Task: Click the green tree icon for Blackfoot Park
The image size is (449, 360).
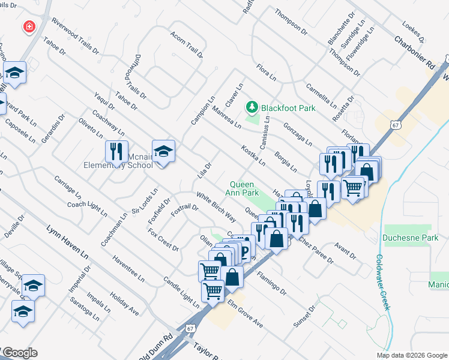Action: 253,107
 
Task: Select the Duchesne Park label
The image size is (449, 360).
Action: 407,237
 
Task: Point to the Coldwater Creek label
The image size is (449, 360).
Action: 382,282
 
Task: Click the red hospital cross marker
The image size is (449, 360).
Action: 28,26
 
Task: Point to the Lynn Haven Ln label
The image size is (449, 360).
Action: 67,242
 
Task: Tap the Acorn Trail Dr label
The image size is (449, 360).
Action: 187,46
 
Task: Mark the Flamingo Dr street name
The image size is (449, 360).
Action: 271,283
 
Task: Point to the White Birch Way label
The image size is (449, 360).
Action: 215,208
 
